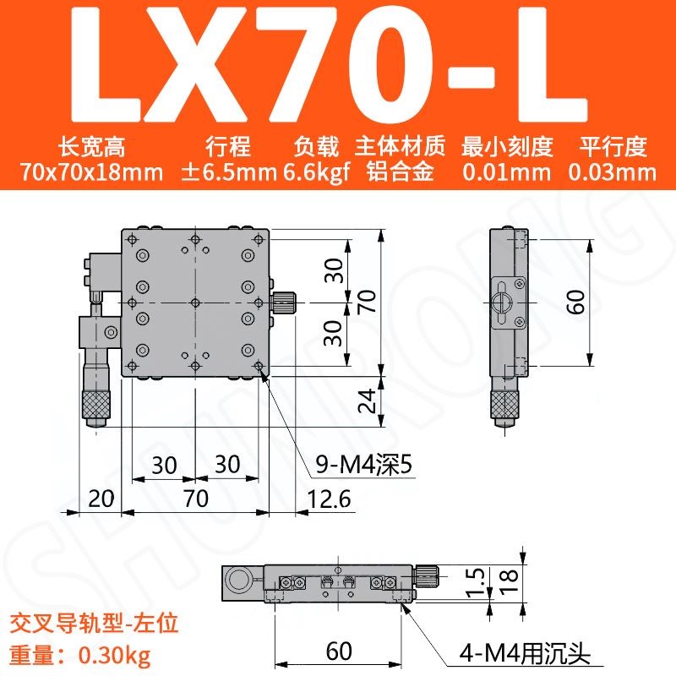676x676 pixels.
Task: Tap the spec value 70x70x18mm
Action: pyautogui.click(x=93, y=173)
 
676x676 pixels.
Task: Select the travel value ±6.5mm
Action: pyautogui.click(x=229, y=173)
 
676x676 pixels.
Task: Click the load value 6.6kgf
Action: pyautogui.click(x=317, y=173)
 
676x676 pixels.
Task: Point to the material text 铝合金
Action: pyautogui.click(x=400, y=173)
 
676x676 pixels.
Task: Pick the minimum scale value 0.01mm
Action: pyautogui.click(x=506, y=173)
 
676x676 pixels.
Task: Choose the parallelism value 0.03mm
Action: pyautogui.click(x=613, y=173)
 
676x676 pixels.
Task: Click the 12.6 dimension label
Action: pyautogui.click(x=328, y=499)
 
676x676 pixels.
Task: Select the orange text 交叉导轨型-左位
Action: pyautogui.click(x=93, y=626)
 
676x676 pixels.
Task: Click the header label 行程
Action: pyautogui.click(x=228, y=147)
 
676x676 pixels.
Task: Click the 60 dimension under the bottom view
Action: pyautogui.click(x=339, y=651)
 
